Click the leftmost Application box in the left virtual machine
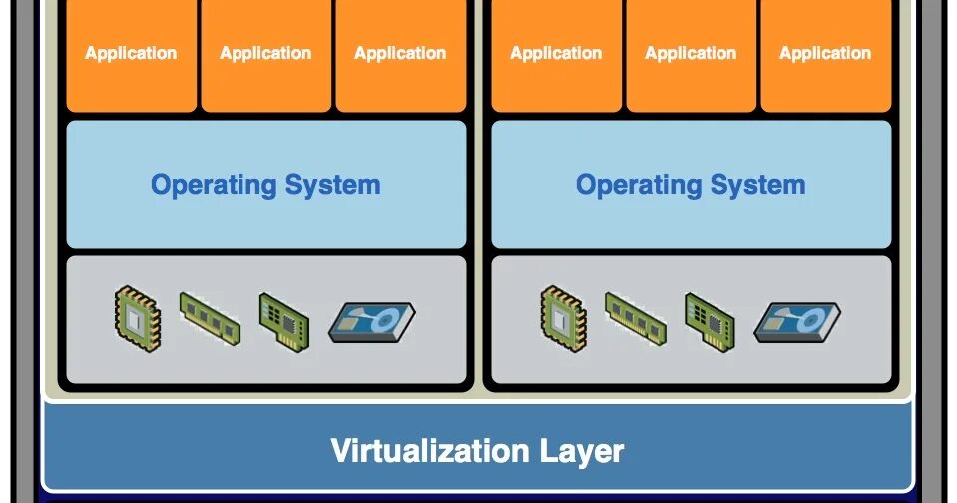[131, 54]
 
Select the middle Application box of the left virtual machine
[265, 54]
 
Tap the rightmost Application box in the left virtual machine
[400, 54]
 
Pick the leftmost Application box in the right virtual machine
[556, 54]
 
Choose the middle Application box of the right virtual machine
[691, 54]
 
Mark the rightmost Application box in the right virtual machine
[825, 54]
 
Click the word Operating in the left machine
[213, 186]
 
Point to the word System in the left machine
[332, 186]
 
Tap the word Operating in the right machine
[638, 186]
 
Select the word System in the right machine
[757, 186]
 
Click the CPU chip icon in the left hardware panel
[137, 318]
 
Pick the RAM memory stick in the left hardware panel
[210, 316]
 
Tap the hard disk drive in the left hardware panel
[371, 322]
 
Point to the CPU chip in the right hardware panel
[562, 318]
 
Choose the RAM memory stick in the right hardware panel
[635, 316]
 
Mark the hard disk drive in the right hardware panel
[796, 322]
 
